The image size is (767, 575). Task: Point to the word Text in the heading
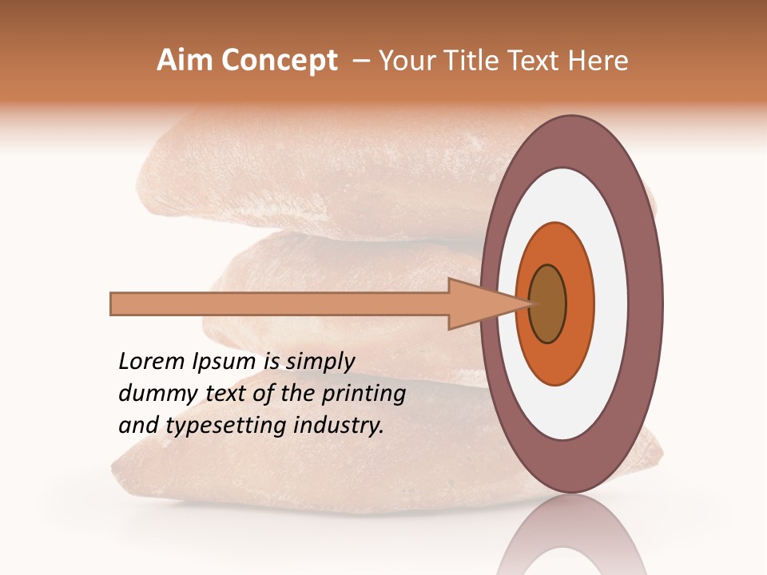539,61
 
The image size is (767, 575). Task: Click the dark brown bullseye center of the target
547,303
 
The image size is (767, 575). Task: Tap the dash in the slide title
360,61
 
